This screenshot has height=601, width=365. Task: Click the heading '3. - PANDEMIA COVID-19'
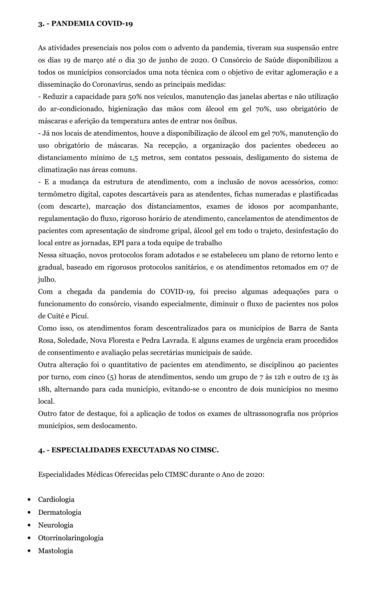[x=86, y=24]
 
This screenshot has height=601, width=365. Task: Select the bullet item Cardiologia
[x=56, y=499]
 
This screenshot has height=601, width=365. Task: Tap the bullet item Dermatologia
[x=60, y=512]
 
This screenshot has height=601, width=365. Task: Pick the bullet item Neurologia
[x=56, y=525]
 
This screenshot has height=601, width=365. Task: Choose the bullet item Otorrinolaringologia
[x=71, y=538]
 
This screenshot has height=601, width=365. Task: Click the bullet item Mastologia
[x=56, y=551]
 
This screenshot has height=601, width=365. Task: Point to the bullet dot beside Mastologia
[x=29, y=551]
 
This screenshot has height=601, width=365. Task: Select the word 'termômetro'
[x=56, y=194]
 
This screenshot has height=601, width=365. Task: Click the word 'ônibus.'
[x=226, y=121]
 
